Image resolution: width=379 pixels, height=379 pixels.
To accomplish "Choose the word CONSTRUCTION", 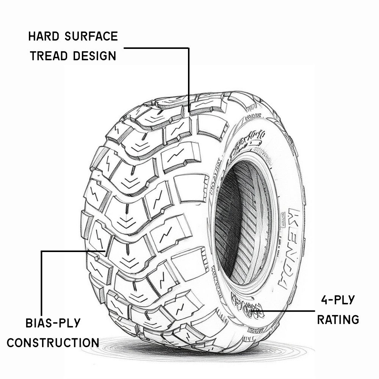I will [x=53, y=343].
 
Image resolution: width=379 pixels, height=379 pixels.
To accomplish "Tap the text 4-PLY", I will [x=337, y=300].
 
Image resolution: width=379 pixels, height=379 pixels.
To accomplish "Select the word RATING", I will [x=338, y=319].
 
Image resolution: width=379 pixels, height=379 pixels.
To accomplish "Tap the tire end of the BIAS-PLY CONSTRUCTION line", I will [x=105, y=251].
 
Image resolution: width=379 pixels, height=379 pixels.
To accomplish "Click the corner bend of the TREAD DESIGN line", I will [x=188, y=48].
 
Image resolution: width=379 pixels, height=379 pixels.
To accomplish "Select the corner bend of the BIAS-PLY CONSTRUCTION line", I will [x=41, y=251].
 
